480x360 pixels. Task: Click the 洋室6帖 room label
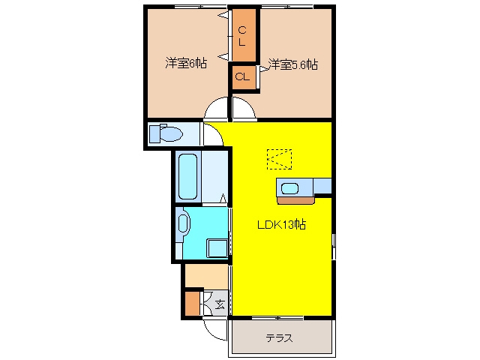pos(186,63)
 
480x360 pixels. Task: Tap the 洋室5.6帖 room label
pos(293,64)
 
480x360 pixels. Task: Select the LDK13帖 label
pos(281,225)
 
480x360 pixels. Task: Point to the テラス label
pos(279,338)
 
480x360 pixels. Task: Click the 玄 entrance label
pos(220,304)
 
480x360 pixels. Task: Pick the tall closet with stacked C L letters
pos(244,35)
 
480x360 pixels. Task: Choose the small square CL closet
pos(244,76)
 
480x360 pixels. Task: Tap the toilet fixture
pos(166,133)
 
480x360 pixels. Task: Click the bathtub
pos(187,177)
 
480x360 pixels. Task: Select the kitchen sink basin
pos(289,188)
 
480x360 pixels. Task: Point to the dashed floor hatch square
pos(279,159)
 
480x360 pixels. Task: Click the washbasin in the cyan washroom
pos(183,223)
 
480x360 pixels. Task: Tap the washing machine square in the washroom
pos(217,248)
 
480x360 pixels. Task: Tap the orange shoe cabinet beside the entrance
pos(192,304)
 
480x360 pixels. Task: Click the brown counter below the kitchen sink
pos(296,200)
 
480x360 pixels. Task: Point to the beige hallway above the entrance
pos(207,276)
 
